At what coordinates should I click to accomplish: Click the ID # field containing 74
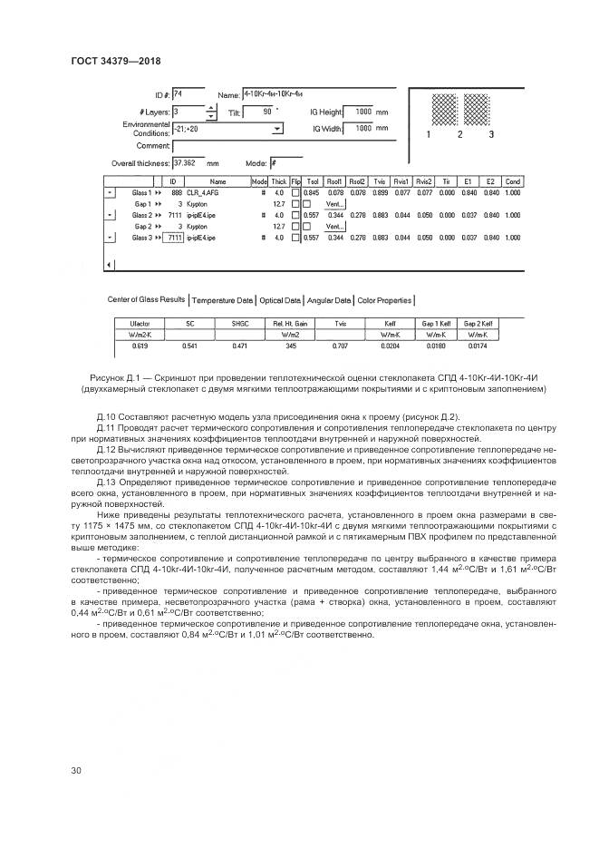tap(188, 93)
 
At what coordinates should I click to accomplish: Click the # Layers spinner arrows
tap(212, 112)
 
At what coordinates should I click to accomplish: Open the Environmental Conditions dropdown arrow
tap(277, 129)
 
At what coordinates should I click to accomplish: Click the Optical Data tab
tap(280, 300)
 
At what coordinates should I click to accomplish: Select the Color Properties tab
tap(384, 300)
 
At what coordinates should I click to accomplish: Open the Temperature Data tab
tap(223, 300)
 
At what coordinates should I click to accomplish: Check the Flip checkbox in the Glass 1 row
tap(295, 193)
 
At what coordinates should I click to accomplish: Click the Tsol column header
tap(313, 181)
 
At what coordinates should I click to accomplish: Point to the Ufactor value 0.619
tap(139, 346)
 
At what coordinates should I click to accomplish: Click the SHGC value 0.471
tap(238, 346)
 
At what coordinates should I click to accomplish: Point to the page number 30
tap(77, 771)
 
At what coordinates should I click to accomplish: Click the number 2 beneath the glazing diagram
tap(459, 134)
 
